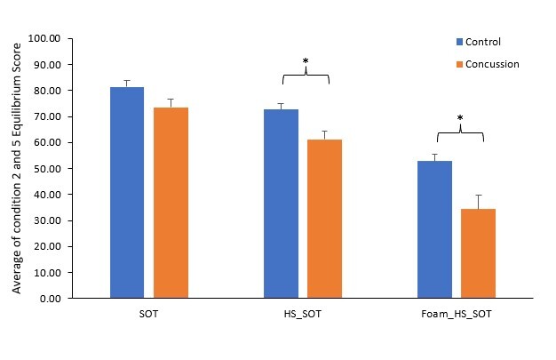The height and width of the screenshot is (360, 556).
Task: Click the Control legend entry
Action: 481,42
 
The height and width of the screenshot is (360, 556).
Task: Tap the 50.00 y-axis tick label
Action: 44,169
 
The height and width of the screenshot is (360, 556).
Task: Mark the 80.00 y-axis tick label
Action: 44,91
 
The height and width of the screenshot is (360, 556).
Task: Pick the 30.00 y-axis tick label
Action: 44,220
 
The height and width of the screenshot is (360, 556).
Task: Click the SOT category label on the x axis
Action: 148,315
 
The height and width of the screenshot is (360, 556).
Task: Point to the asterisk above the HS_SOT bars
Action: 305,62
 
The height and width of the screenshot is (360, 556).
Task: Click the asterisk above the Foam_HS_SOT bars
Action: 459,118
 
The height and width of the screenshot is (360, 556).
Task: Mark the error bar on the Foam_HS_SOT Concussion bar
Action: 479,202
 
